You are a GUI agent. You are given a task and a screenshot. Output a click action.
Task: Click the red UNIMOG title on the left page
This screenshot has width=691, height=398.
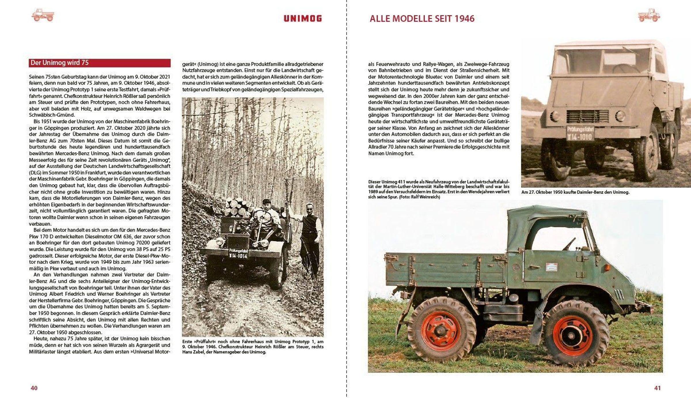303,19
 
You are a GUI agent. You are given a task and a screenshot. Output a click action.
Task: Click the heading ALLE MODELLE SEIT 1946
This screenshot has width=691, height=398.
422,19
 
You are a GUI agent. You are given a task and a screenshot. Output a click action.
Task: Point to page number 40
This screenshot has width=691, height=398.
34,388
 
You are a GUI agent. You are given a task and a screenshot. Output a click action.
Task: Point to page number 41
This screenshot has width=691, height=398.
657,388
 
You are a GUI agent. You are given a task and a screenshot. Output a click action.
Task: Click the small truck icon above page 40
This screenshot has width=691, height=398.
43,15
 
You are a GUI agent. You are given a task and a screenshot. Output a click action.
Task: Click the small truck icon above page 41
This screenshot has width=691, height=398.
649,15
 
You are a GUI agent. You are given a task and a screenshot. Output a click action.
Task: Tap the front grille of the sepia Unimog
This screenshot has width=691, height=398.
587,116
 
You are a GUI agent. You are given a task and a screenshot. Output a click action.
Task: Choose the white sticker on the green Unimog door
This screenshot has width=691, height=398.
551,267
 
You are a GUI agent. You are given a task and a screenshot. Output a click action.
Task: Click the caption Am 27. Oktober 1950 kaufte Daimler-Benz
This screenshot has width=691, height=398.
575,192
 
